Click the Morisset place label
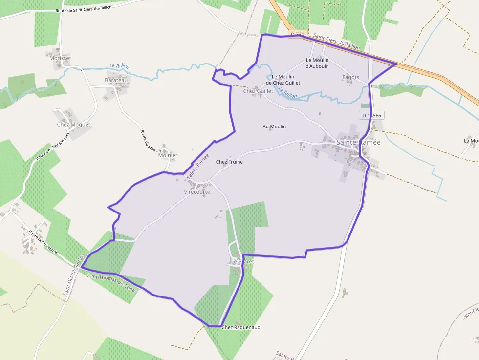60,58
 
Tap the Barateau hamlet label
116,80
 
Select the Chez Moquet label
74,125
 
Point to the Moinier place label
168,155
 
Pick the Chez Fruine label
229,162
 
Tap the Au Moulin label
274,127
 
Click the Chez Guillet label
258,91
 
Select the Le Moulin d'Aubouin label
317,63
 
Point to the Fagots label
350,77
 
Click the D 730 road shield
297,34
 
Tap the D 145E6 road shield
371,116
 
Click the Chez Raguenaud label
241,327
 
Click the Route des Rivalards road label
43,242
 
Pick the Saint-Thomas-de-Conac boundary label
112,282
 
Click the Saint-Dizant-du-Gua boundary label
74,274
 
